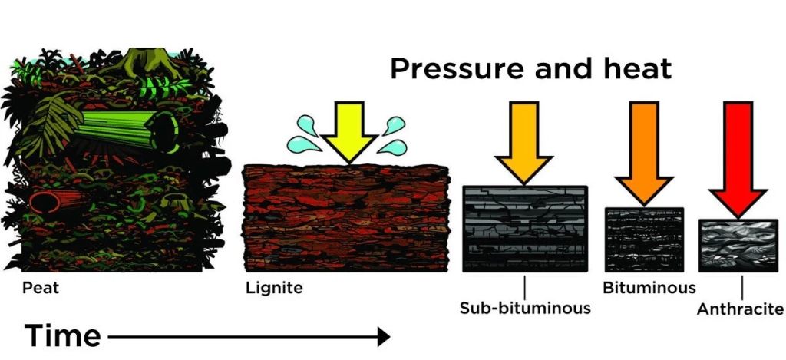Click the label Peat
click(41, 289)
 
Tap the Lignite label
click(274, 289)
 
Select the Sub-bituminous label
click(525, 309)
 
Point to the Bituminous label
click(649, 289)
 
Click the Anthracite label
click(740, 310)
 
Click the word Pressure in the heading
click(458, 69)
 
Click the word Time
click(63, 336)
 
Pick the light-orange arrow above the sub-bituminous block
click(525, 142)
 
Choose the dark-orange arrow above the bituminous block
click(644, 150)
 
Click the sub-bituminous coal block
click(525, 229)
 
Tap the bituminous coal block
click(644, 239)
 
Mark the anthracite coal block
click(738, 246)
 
